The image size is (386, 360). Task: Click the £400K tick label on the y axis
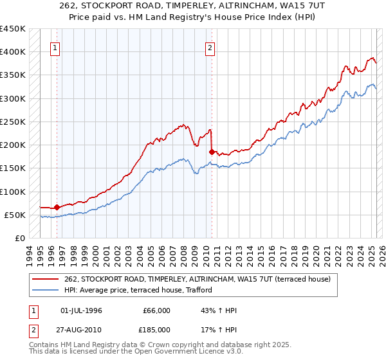pos(13,52)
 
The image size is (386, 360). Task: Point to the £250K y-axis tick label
pos(13,122)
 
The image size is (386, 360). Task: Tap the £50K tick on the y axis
pos(15,215)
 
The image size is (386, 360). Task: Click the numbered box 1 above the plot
pos(55,47)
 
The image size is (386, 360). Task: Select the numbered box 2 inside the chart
pos(210,47)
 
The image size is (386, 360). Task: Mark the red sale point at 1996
pos(57,207)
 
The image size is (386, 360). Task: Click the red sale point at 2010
pos(212,152)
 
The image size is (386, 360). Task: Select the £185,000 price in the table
pos(156,329)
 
